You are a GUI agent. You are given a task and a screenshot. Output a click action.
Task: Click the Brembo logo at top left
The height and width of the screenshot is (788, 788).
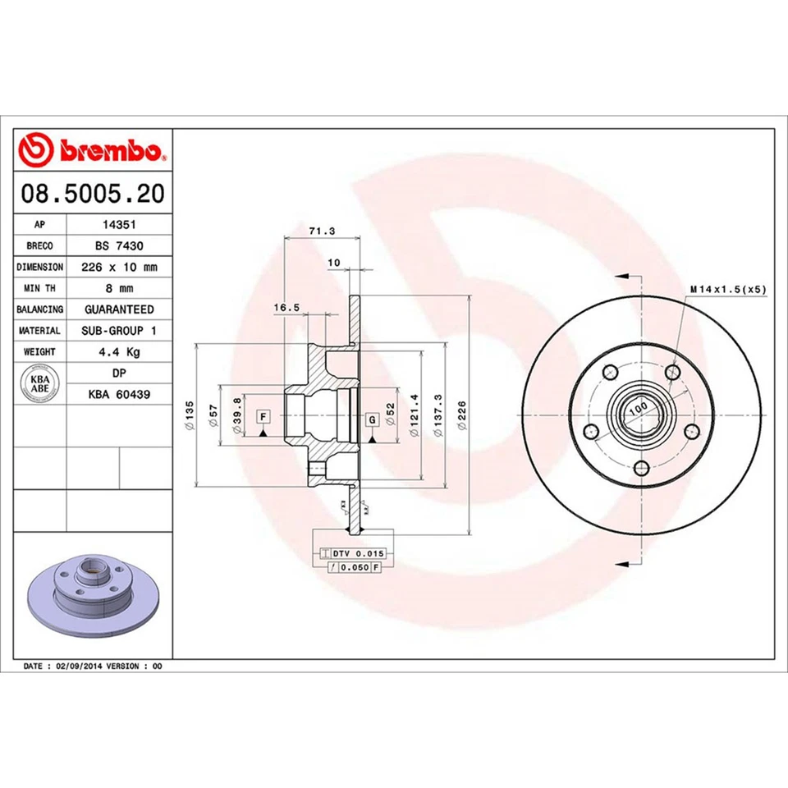coord(93,151)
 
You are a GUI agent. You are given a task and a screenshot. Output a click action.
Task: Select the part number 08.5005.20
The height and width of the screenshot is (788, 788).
coord(93,194)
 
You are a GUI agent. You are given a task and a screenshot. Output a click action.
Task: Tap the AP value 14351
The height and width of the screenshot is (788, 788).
coord(118,224)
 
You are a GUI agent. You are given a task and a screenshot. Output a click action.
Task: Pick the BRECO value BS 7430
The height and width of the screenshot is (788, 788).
coord(118,245)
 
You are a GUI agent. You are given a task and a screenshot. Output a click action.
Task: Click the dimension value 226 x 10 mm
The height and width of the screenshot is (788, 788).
coord(119,267)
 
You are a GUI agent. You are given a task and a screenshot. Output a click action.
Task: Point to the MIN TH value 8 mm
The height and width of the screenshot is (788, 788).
coord(119,288)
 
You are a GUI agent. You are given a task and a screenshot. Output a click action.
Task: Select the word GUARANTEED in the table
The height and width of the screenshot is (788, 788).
coord(119,309)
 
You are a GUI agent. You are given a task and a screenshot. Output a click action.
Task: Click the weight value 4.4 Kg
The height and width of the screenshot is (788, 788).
coord(119,352)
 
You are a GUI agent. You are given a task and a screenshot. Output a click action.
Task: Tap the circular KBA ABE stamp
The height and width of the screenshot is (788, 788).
coord(39,384)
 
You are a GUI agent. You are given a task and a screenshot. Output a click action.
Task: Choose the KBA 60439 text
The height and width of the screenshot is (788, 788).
coord(119,395)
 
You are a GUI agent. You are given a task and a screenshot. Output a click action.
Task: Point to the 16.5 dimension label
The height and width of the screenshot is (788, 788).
coord(285,307)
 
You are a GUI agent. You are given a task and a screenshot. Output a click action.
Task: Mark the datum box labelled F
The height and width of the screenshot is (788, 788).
coord(263,417)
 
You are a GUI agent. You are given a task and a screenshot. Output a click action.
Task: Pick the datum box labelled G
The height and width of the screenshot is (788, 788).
coord(372,419)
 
